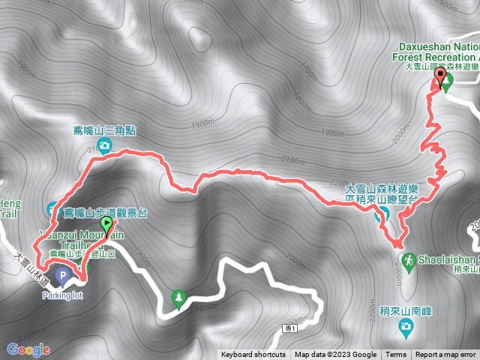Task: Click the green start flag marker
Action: coord(106,224)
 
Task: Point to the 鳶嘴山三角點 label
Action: coord(110,130)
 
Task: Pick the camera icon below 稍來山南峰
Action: coord(406,326)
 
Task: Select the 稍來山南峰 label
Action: coord(394,310)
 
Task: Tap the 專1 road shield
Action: coord(291,328)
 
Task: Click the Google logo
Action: coord(28,349)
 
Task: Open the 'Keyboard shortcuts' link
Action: coord(253,355)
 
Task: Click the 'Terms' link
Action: coord(396,355)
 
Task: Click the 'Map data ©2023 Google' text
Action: coord(335,355)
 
